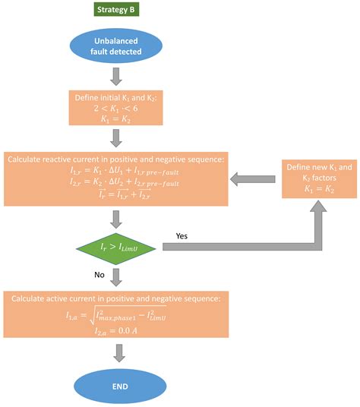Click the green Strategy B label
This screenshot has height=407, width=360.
click(x=116, y=10)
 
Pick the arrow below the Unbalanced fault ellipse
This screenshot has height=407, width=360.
click(x=116, y=76)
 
